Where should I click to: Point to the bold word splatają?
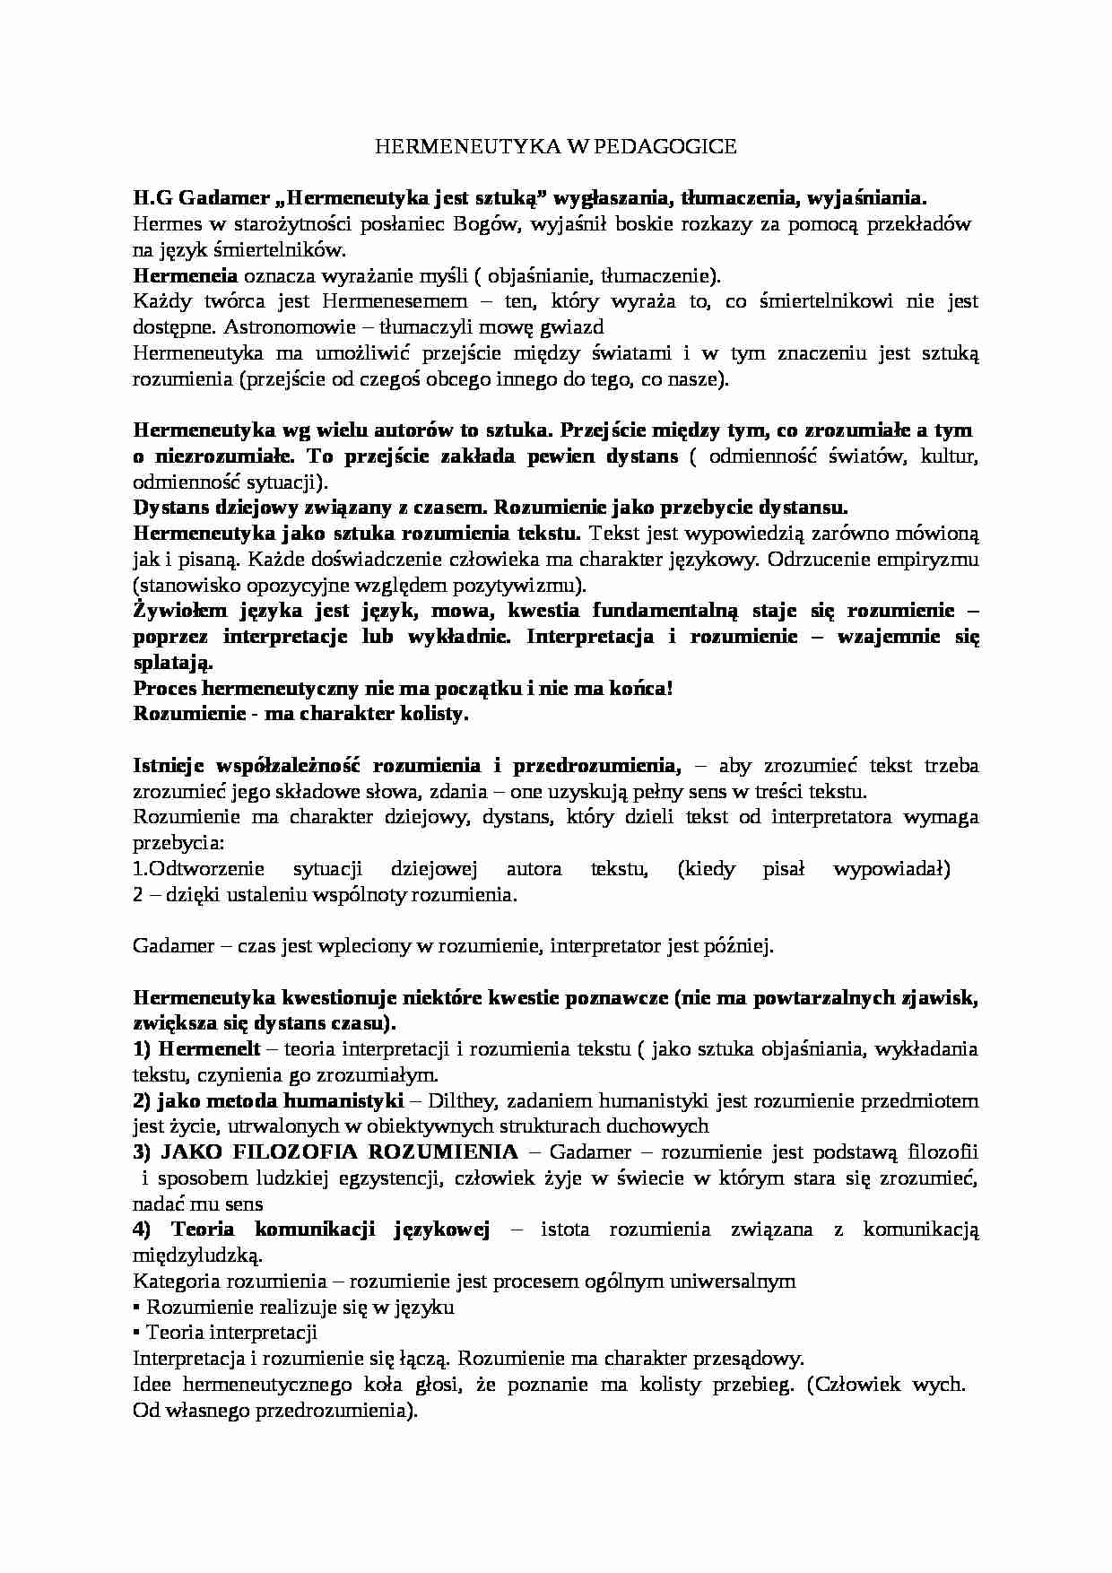pos(172,663)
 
